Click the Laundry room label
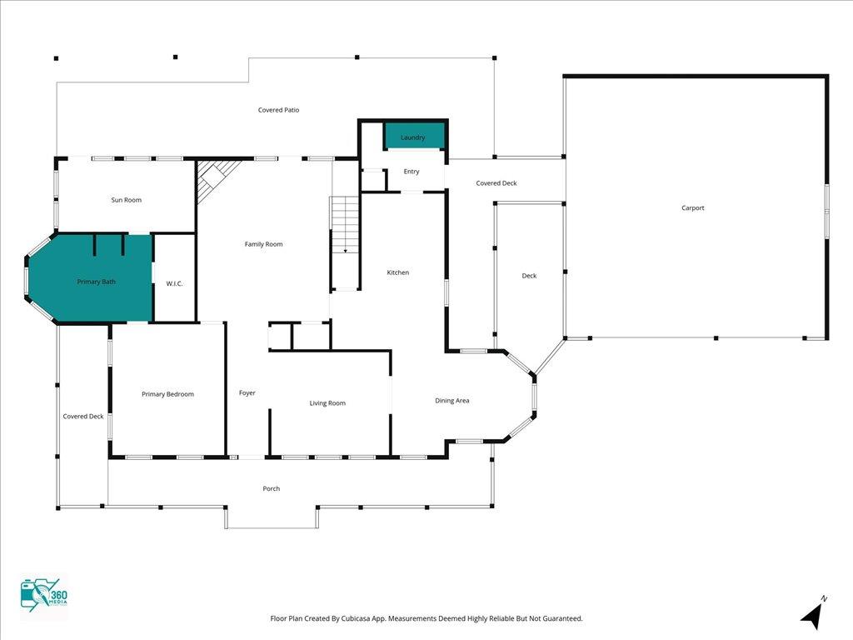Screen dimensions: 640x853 click(412, 137)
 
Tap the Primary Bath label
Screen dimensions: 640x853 click(97, 282)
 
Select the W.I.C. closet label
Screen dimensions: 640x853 click(174, 284)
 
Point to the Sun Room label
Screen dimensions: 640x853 click(127, 200)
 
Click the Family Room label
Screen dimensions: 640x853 click(263, 244)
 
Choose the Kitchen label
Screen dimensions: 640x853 click(398, 272)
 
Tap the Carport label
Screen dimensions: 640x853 click(692, 208)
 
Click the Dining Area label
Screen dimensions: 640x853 click(452, 401)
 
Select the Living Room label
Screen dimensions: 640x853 click(327, 403)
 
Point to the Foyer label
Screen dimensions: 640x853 click(247, 392)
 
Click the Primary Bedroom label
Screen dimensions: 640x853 click(167, 394)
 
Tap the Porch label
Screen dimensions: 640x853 click(272, 488)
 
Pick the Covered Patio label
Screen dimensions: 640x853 click(278, 110)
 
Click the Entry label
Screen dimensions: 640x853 click(412, 172)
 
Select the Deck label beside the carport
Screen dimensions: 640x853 click(529, 276)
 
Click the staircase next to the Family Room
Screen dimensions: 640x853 click(345, 225)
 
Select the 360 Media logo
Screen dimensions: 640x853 click(43, 597)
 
